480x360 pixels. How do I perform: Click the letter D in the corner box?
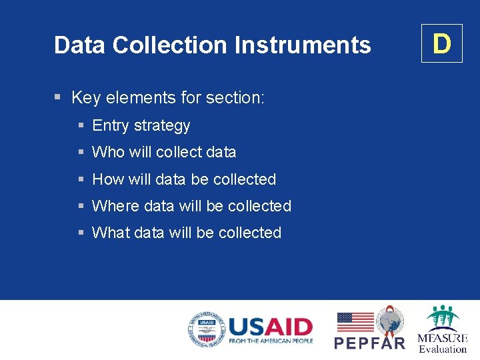tap(441, 44)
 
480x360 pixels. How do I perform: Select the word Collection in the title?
tap(170, 45)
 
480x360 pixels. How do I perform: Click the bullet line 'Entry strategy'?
tap(141, 125)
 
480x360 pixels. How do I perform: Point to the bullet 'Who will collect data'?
tap(164, 152)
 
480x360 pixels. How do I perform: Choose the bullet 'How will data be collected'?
tap(184, 179)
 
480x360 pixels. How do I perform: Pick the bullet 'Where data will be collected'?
tap(191, 206)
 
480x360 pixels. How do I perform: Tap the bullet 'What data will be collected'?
tap(187, 233)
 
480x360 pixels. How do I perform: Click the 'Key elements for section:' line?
tap(167, 98)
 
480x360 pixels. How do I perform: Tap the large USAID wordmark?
tap(270, 327)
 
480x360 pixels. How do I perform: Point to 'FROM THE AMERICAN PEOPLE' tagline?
tap(270, 341)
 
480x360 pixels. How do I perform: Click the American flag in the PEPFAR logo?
tap(355, 322)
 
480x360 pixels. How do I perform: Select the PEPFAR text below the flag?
tap(369, 343)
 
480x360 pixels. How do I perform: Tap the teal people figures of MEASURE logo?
tap(442, 317)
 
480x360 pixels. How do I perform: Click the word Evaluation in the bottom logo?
tap(443, 349)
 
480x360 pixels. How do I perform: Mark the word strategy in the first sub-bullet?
tap(162, 125)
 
